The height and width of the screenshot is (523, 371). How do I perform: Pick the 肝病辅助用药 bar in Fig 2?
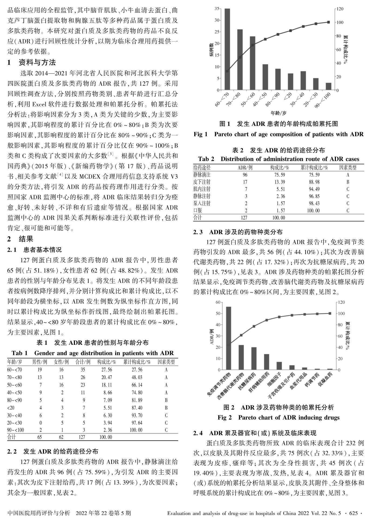point(267,362)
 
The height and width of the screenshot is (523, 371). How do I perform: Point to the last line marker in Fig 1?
point(328,22)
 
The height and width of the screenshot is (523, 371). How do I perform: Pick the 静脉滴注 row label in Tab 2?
point(202,175)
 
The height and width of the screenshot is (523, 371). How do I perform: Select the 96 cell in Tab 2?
point(245,175)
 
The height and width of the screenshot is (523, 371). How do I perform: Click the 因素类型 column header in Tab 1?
point(166,362)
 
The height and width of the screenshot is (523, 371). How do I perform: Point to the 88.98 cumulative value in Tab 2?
point(314,182)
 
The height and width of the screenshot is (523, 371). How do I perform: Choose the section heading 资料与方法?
point(37,63)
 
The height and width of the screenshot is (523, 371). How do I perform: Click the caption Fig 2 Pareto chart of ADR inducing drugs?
point(278,418)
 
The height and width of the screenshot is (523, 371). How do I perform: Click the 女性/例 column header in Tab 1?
point(62,362)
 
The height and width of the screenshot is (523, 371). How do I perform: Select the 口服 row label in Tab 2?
point(198,211)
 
